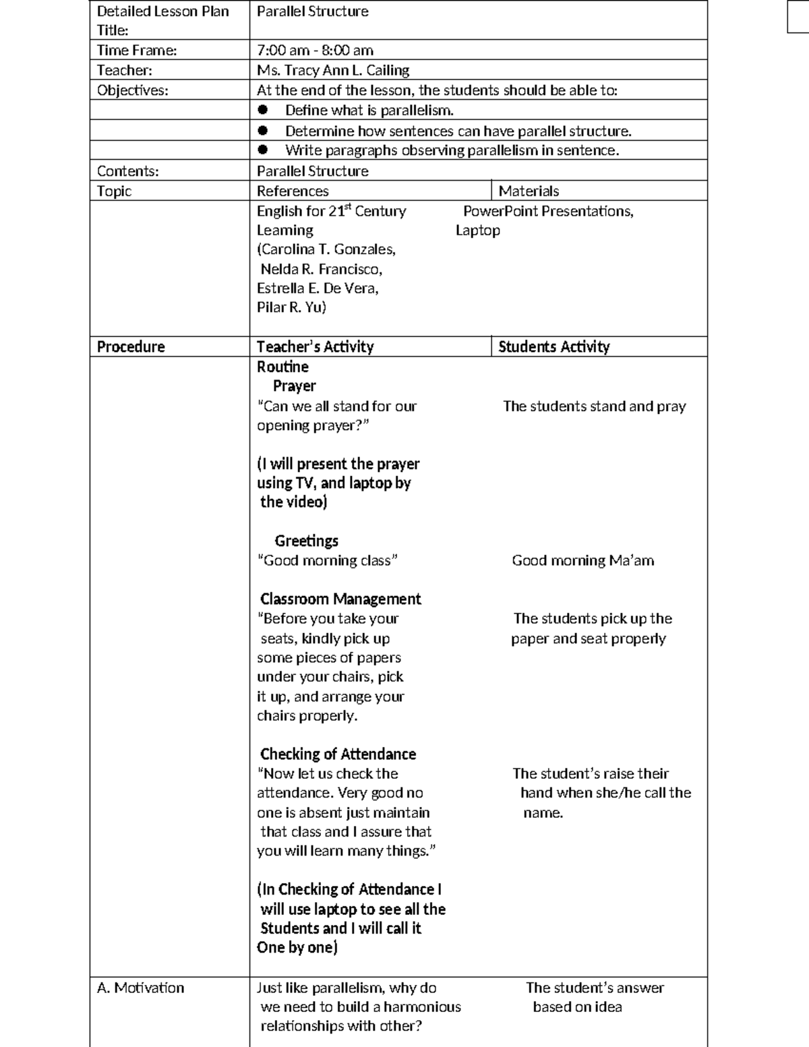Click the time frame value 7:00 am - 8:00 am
pos(315,51)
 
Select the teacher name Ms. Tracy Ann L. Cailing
pos(333,71)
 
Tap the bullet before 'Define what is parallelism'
pos(263,110)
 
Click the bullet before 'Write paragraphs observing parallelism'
pos(263,150)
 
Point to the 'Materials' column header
pos(529,191)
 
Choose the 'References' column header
pos(293,191)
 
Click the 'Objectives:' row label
pos(133,90)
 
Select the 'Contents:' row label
pos(128,171)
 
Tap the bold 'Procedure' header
pos(131,347)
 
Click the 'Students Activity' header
pos(553,347)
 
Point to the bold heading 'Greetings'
pos(306,541)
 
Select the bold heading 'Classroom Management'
pos(340,599)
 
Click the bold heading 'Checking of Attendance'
pos(338,754)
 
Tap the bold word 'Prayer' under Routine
pos(294,386)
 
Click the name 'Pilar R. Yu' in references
pos(291,307)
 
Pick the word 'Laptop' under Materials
pos(478,231)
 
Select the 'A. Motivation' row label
pos(140,988)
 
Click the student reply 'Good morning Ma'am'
pos(582,561)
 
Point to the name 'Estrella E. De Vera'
pos(317,289)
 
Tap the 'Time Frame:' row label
pos(137,51)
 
